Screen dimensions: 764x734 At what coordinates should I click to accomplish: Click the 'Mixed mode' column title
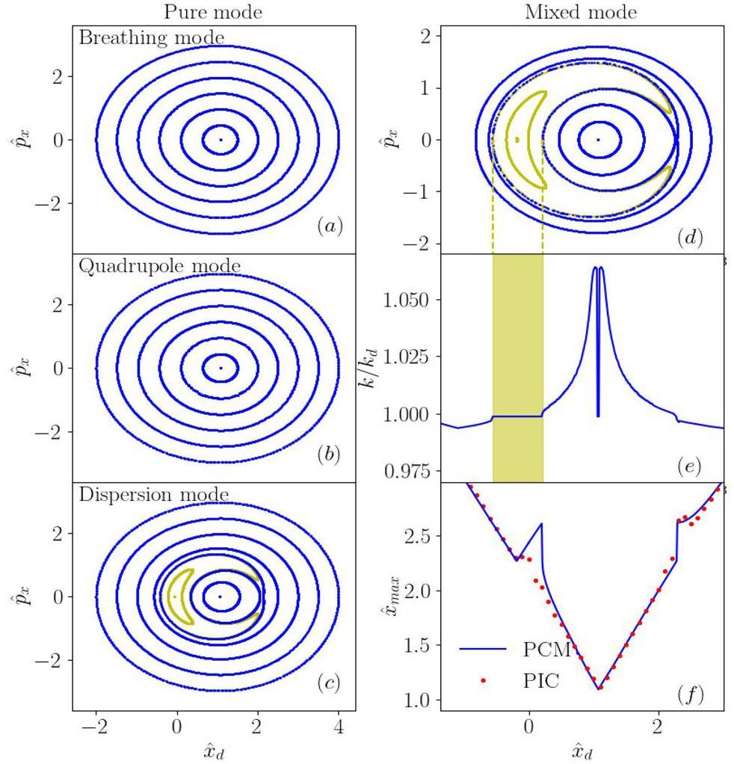tap(580, 12)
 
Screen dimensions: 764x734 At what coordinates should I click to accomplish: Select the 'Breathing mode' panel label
tap(151, 37)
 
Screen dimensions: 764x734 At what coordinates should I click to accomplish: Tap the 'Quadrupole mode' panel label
tap(159, 266)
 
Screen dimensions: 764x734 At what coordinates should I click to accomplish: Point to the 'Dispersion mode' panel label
tap(153, 495)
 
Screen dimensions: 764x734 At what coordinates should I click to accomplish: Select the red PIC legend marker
tap(484, 681)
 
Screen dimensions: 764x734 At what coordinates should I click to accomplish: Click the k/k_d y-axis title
tap(380, 366)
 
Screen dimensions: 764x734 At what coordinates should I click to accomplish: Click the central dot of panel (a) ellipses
tap(220, 140)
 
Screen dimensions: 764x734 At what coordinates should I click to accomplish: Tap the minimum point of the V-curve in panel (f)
tap(599, 688)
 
